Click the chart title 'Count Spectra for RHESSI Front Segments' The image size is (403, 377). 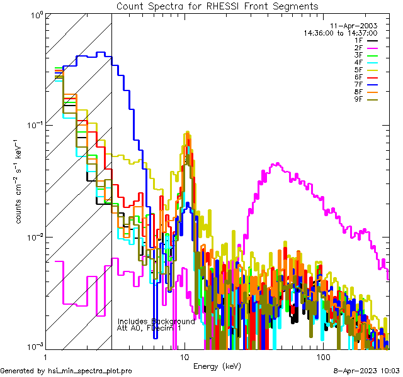click(218, 6)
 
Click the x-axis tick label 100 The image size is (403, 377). click(323, 356)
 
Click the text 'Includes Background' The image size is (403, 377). click(156, 321)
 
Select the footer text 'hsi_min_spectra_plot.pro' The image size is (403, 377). click(89, 371)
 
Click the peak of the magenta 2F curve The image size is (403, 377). click(277, 164)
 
